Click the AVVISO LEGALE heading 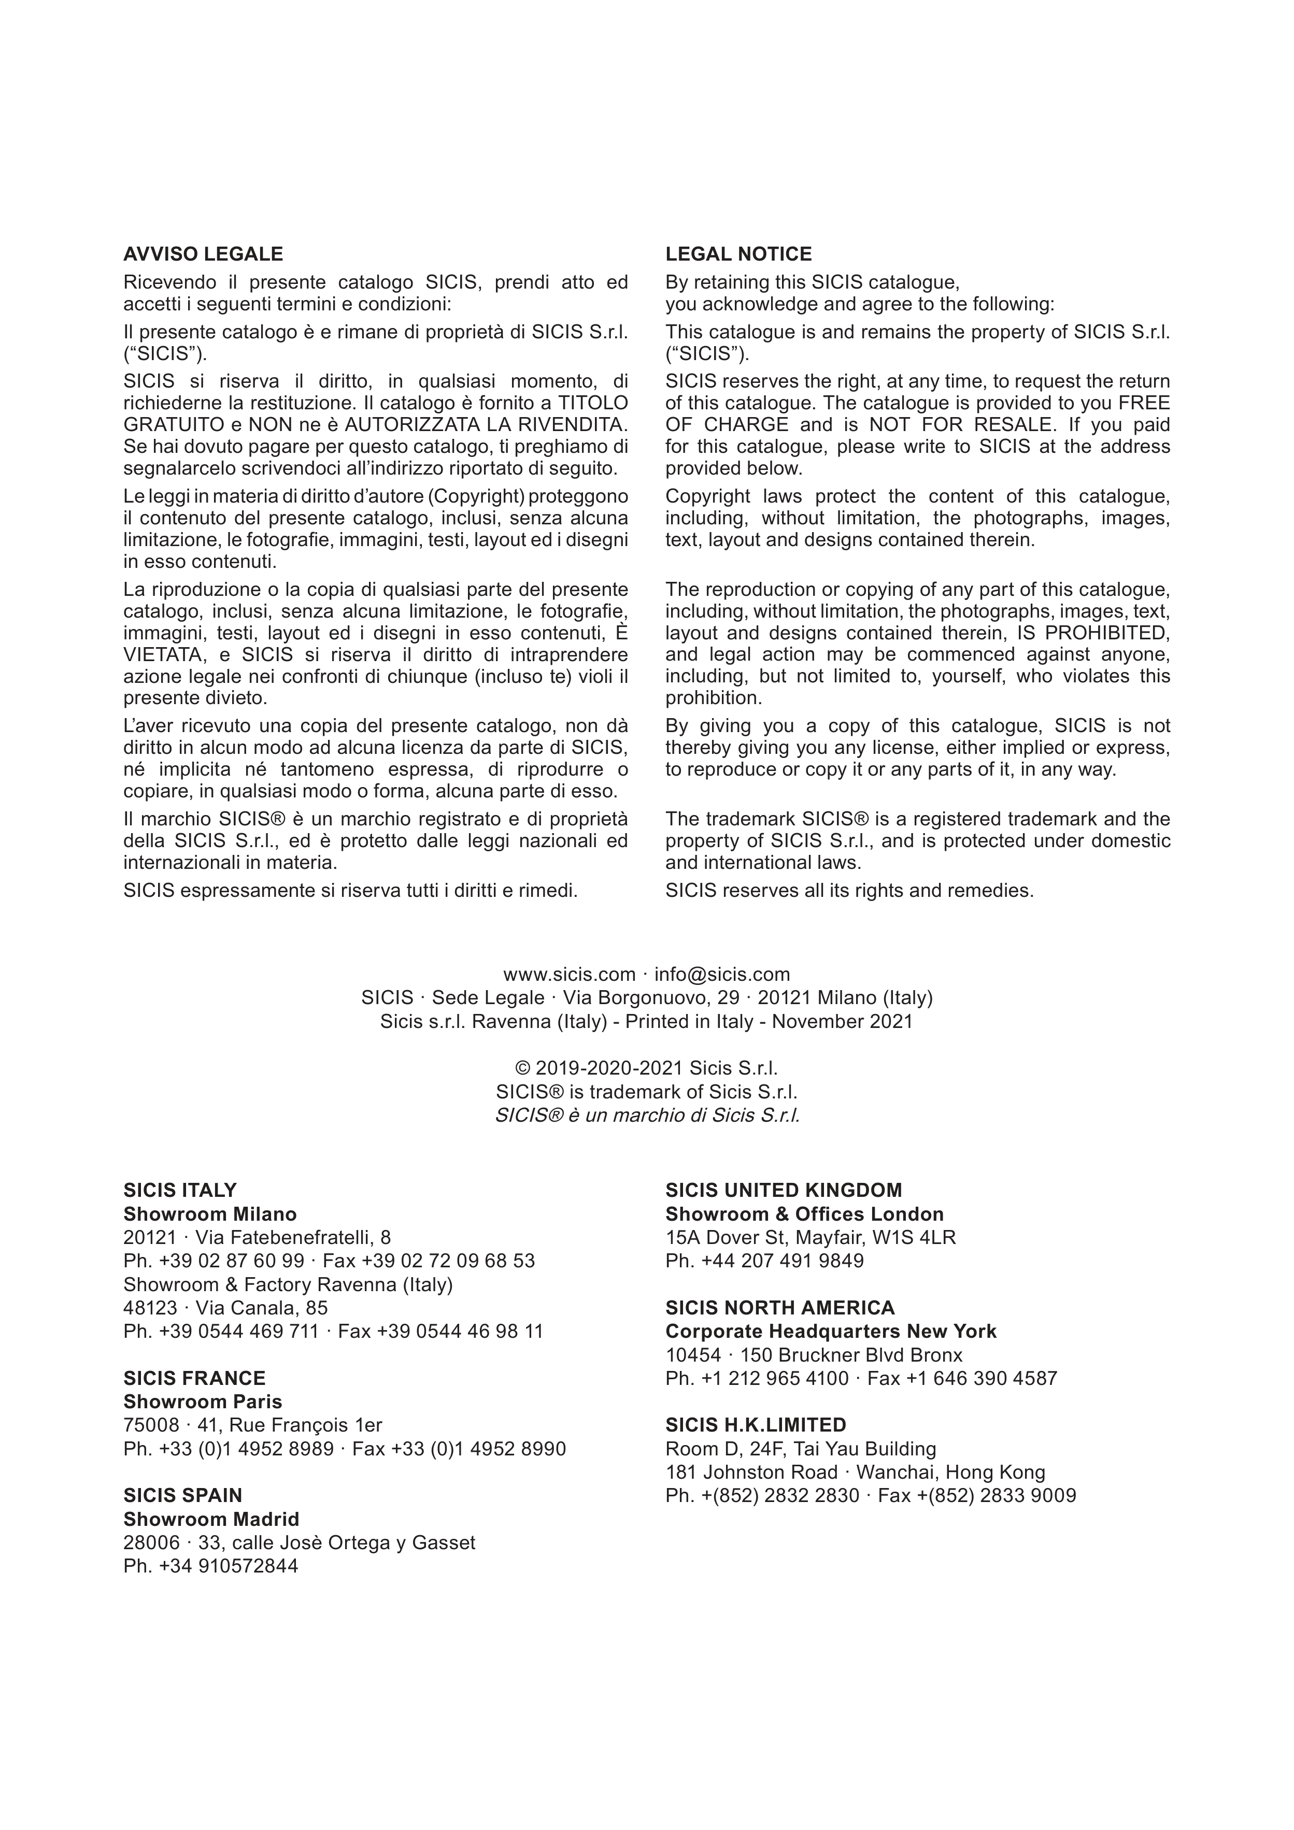pos(203,254)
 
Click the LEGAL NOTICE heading pos(738,254)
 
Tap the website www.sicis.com pos(568,974)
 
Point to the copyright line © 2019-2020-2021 pos(647,1068)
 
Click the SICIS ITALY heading pos(180,1190)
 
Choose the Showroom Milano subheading pos(210,1214)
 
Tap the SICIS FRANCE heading pos(194,1378)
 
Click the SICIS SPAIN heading pos(182,1495)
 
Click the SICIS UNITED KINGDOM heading pos(784,1190)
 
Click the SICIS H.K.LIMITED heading pos(756,1425)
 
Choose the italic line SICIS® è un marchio pos(647,1115)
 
